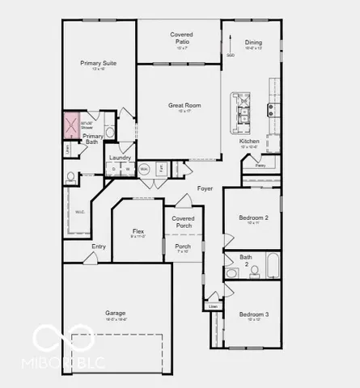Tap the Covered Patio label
tap(181, 35)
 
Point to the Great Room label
tap(184, 105)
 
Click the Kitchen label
tap(249, 141)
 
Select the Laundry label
tap(120, 158)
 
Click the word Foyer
tap(205, 188)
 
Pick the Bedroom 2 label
tap(253, 217)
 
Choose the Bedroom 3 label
tap(253, 314)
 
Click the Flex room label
tap(138, 231)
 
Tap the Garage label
tap(115, 313)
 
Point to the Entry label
tap(99, 247)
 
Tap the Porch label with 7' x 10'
tap(183, 247)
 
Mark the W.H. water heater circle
tap(145, 169)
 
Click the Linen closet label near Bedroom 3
tap(213, 306)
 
